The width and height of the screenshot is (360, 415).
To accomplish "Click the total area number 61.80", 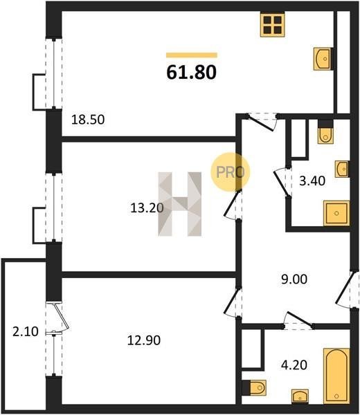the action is click(x=191, y=72).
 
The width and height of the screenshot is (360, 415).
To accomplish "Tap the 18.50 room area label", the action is click(x=88, y=120).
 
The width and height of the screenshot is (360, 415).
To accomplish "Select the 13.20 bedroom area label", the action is click(x=147, y=208).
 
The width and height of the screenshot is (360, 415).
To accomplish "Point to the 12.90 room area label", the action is click(x=144, y=340).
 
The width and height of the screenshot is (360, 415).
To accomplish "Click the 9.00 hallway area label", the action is click(x=294, y=279).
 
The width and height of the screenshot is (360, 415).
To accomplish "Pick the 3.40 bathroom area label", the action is click(x=312, y=181).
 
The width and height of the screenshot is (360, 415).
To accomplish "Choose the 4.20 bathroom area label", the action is click(x=294, y=365).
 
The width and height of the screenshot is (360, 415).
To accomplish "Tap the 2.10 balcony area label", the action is click(x=26, y=331).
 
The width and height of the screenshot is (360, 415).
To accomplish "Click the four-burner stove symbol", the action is click(x=272, y=24).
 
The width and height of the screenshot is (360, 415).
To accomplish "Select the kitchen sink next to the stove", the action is click(x=323, y=59).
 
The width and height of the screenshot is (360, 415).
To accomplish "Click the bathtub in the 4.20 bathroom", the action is click(x=336, y=376).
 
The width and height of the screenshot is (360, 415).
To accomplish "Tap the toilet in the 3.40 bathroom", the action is click(x=326, y=132).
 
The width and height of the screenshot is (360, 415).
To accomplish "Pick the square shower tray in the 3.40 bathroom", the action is click(x=336, y=213).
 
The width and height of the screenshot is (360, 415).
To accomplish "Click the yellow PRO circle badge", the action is click(x=231, y=172).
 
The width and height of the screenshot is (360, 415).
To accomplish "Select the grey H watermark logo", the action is click(x=180, y=204).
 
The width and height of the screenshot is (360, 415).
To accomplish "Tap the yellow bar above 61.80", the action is click(x=192, y=55).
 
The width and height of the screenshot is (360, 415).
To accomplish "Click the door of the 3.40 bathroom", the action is click(x=282, y=183).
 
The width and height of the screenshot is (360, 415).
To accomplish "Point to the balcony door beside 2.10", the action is click(x=60, y=317).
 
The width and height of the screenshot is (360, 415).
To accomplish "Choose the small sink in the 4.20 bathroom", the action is click(x=300, y=396).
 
